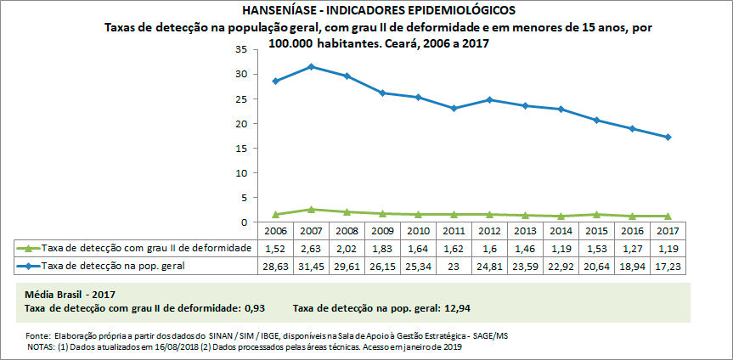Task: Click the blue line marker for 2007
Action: [312, 66]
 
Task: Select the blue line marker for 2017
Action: [668, 138]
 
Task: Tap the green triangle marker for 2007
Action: [312, 209]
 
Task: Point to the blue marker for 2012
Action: [489, 99]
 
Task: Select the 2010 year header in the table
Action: [418, 231]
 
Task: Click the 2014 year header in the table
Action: [561, 231]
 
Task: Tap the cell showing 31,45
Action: [312, 266]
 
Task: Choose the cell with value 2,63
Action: [312, 248]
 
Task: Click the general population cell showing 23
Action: [454, 266]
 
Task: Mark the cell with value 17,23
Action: [668, 266]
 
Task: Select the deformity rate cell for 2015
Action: [596, 248]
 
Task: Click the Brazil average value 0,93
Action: [257, 307]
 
